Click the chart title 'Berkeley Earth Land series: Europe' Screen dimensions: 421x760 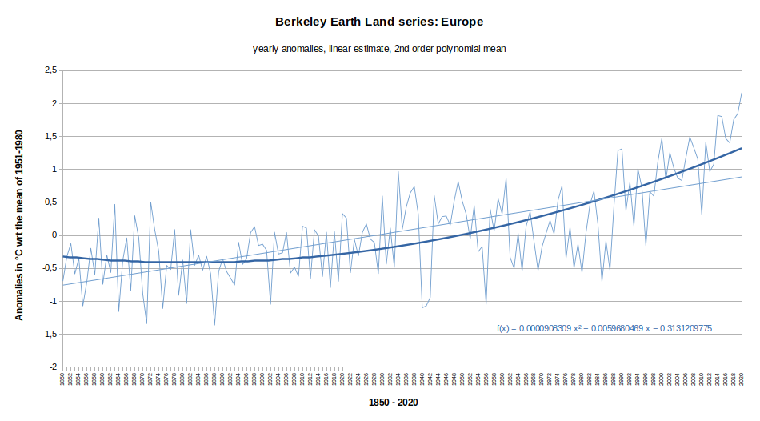coord(379,21)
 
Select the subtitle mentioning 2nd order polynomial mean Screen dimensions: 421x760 coord(379,49)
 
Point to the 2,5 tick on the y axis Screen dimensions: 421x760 coord(50,70)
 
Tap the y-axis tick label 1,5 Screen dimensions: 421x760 coord(50,136)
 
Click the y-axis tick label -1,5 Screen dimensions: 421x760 coord(49,334)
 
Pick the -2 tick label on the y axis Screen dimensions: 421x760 coord(52,367)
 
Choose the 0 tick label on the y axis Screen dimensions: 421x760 coord(54,235)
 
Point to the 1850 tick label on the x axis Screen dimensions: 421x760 coord(62,379)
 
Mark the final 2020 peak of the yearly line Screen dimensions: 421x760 coord(742,94)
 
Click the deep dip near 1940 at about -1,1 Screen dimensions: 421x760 coord(422,307)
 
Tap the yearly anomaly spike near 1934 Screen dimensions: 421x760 coord(398,171)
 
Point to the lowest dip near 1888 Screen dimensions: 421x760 coord(214,324)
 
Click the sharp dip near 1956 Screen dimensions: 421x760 coord(486,304)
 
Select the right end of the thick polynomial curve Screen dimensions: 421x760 coord(742,148)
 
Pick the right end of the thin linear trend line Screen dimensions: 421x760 coord(742,177)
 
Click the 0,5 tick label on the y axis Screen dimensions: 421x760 coord(50,202)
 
